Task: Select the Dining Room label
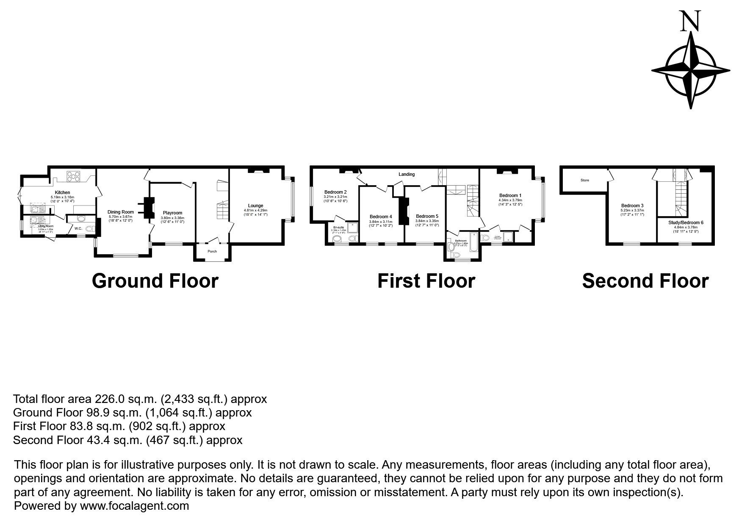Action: tap(121, 212)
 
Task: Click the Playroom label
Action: tap(172, 213)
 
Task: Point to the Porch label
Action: tap(212, 251)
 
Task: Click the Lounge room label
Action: tap(255, 206)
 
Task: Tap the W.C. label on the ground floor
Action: tap(78, 229)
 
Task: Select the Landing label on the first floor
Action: tap(407, 174)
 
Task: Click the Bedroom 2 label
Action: tap(335, 192)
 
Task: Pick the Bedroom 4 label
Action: tap(381, 217)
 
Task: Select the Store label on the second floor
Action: tap(584, 180)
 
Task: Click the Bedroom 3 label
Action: tap(632, 206)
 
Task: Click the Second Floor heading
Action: tap(645, 281)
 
